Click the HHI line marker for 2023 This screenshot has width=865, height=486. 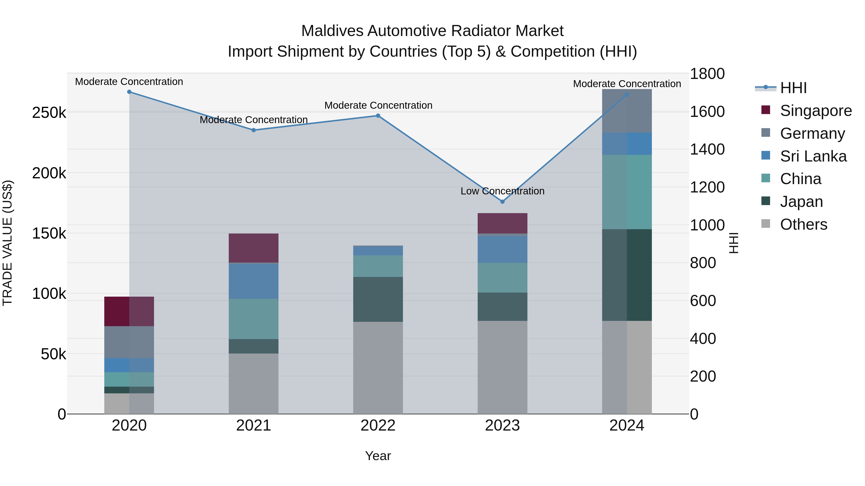coord(502,202)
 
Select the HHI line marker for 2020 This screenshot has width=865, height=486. coord(129,92)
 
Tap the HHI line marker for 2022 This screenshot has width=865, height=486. coord(378,116)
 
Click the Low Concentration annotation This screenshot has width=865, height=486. coord(502,191)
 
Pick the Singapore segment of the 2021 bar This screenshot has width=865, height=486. coord(253,248)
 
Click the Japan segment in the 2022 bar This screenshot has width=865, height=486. coord(378,299)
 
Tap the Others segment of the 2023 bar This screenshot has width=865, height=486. coord(502,367)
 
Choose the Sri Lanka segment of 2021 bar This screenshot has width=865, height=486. coord(253,281)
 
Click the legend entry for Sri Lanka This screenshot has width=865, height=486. coord(813,156)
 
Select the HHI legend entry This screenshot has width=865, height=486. coord(793,88)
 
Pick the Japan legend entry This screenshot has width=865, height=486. coord(801,202)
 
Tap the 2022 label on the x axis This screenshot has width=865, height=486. coord(378,426)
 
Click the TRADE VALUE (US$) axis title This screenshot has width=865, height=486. coord(7,243)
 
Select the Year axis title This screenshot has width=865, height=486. coord(378,456)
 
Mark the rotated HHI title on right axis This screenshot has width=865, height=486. coord(734,243)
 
